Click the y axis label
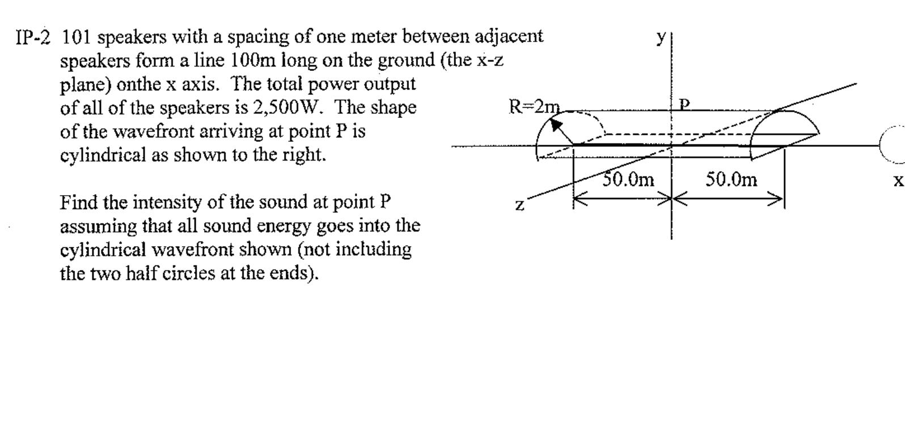(661, 37)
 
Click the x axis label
(898, 181)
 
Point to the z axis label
(519, 205)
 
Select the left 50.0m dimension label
(628, 180)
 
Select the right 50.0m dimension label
(731, 180)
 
